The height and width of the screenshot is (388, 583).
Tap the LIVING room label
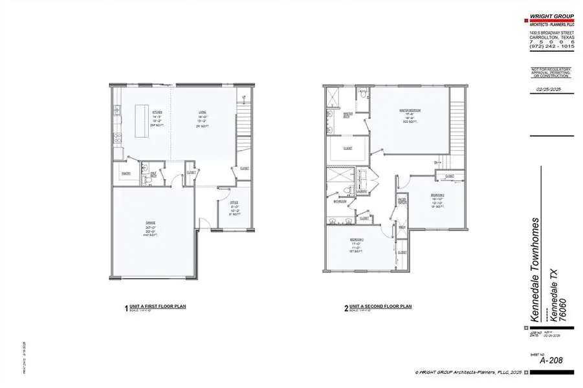[x=202, y=112]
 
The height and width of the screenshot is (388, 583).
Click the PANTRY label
[x=126, y=173]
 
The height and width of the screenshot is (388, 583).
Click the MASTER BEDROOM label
[x=410, y=111]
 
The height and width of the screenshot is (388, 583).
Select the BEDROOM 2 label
[x=438, y=195]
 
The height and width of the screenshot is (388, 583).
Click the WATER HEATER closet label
[x=402, y=200]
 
